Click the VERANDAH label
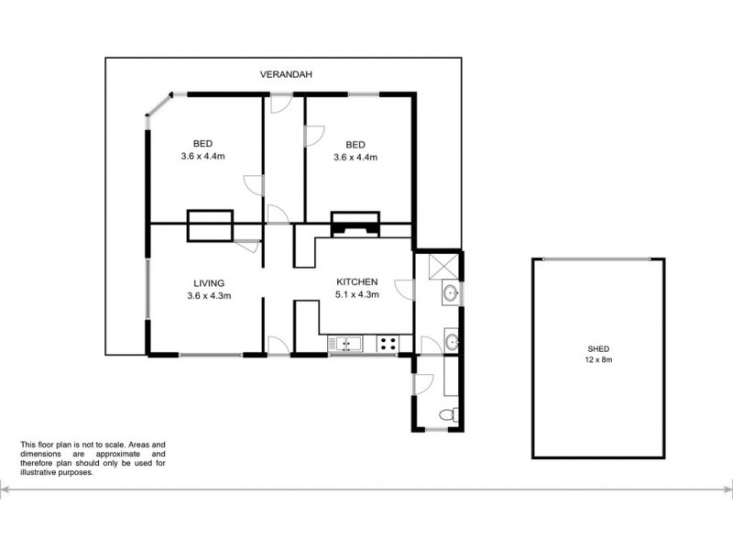[281, 76]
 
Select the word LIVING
[208, 282]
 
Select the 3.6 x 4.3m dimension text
[208, 295]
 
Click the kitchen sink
[347, 345]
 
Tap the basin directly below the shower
[451, 294]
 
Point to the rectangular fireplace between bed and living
[210, 225]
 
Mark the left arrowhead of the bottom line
[5, 492]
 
